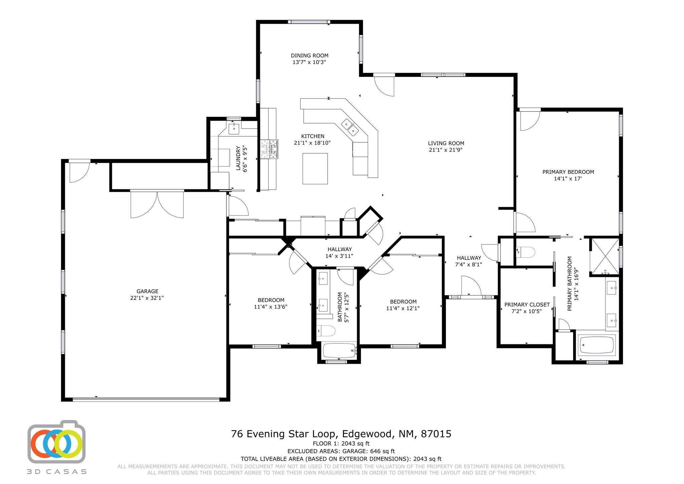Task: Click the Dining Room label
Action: pyautogui.click(x=309, y=55)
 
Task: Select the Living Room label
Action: pyautogui.click(x=446, y=143)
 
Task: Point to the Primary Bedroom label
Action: pyautogui.click(x=568, y=172)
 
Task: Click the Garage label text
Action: pyautogui.click(x=147, y=291)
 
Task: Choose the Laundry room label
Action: pyautogui.click(x=238, y=158)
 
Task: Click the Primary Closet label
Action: pyautogui.click(x=527, y=305)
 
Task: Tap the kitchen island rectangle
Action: pyautogui.click(x=315, y=169)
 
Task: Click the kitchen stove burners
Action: pyautogui.click(x=269, y=149)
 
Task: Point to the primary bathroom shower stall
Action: pyautogui.click(x=604, y=257)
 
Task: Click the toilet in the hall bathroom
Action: pyautogui.click(x=326, y=331)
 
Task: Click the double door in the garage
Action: pyautogui.click(x=157, y=204)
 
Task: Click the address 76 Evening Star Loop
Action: pyautogui.click(x=283, y=434)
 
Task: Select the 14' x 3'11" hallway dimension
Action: pyautogui.click(x=339, y=256)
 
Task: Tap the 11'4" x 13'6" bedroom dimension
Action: pyautogui.click(x=271, y=307)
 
